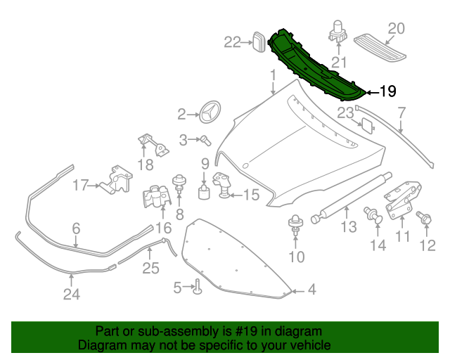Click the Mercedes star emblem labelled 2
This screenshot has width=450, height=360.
click(x=210, y=113)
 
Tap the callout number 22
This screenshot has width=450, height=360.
click(x=233, y=42)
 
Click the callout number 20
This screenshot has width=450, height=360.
click(x=397, y=29)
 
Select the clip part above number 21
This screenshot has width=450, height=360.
click(x=338, y=32)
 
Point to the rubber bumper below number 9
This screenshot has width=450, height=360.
click(x=205, y=192)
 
